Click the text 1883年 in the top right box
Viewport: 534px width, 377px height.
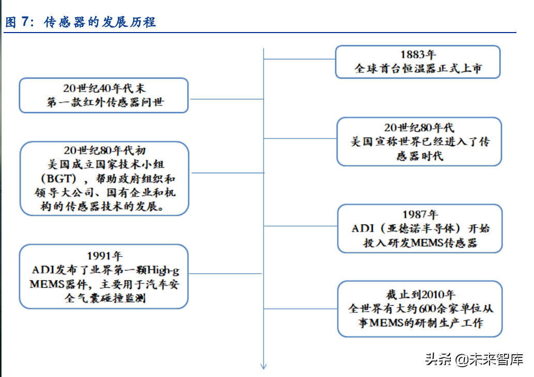click(x=418, y=55)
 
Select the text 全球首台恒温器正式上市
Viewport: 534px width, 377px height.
click(x=418, y=68)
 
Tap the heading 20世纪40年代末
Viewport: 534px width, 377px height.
click(x=104, y=88)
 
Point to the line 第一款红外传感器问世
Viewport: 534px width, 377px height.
click(x=104, y=102)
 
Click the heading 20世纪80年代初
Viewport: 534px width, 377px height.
click(x=104, y=150)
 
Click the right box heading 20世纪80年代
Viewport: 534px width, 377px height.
click(x=419, y=127)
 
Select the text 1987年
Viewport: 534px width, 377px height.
click(x=419, y=214)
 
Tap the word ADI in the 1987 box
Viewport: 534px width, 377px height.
click(x=361, y=229)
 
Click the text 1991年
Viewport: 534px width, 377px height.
click(x=104, y=255)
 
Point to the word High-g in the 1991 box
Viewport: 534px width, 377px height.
click(x=163, y=270)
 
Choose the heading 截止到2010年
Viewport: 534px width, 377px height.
click(x=420, y=295)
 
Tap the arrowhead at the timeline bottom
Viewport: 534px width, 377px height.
click(x=264, y=366)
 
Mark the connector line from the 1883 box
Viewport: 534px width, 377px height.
click(x=299, y=59)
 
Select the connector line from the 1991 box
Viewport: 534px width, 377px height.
click(x=226, y=274)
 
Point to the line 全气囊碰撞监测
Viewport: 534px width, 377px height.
click(x=104, y=298)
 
